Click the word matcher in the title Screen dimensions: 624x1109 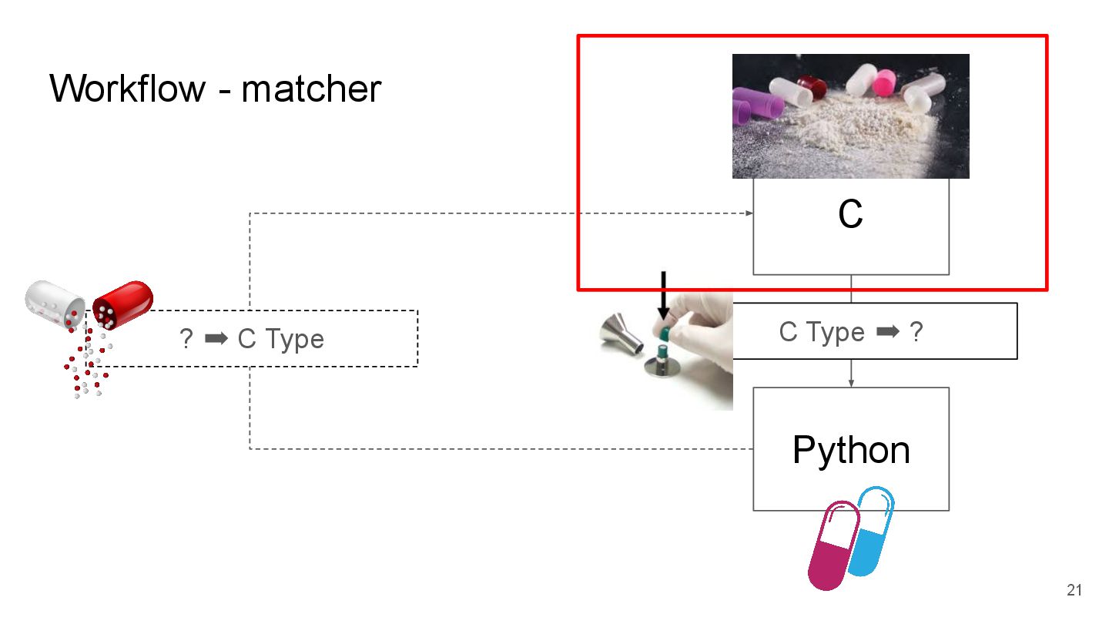(x=311, y=89)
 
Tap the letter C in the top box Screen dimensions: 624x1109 (x=850, y=215)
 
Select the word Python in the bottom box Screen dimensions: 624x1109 (x=850, y=449)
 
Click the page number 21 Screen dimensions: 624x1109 (x=1074, y=591)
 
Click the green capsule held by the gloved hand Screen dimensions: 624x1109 (x=665, y=333)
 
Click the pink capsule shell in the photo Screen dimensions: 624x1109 (x=883, y=80)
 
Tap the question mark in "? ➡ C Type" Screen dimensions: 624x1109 (x=186, y=339)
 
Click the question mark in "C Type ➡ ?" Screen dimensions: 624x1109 (x=916, y=332)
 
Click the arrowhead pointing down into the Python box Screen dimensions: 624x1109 (x=850, y=383)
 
